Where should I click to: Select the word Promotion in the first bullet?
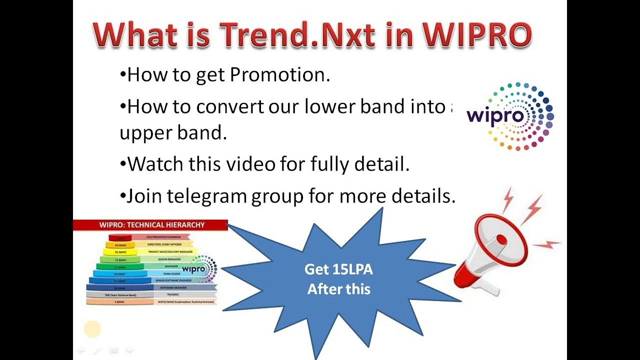[x=280, y=75]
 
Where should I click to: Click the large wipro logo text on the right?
[x=495, y=116]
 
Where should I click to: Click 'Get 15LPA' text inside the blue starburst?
[x=339, y=270]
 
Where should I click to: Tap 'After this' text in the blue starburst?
[x=339, y=289]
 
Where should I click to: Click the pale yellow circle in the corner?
[x=92, y=329]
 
